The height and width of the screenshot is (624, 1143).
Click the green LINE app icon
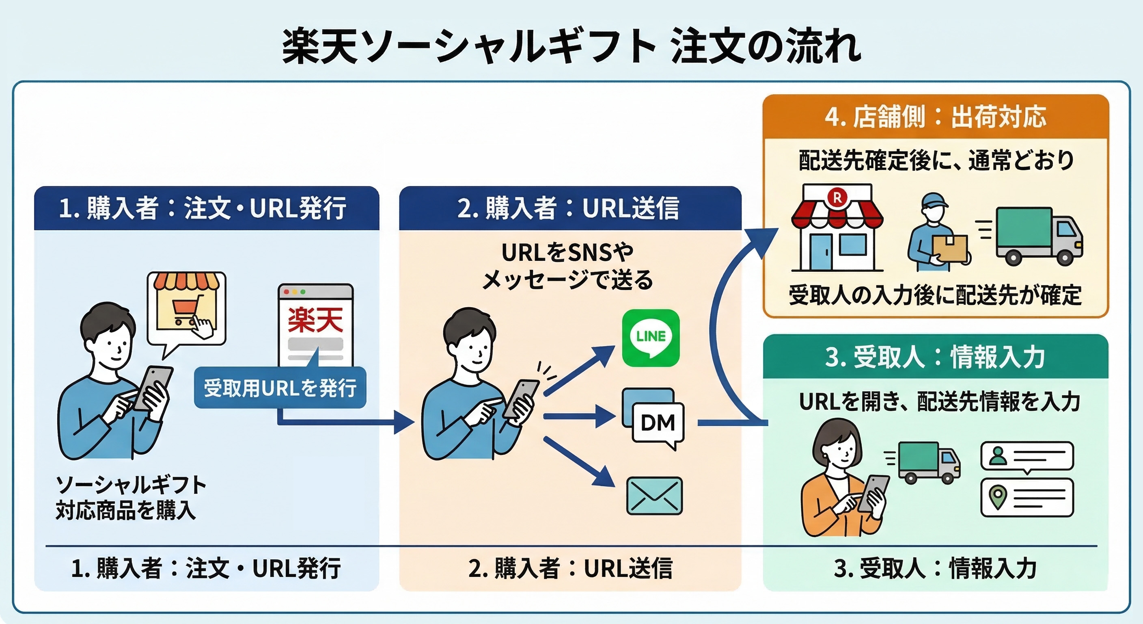pyautogui.click(x=651, y=338)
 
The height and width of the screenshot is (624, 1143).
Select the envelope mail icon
pyautogui.click(x=654, y=496)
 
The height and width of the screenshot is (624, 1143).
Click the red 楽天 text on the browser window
pyautogui.click(x=315, y=320)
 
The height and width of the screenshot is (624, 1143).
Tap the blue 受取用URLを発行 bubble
pyautogui.click(x=280, y=388)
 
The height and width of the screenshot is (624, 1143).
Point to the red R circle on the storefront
pyautogui.click(x=837, y=197)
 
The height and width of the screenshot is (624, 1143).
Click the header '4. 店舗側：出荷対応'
pyautogui.click(x=935, y=117)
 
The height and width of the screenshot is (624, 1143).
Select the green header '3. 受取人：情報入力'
pyautogui.click(x=935, y=357)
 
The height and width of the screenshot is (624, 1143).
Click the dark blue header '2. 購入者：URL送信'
pyautogui.click(x=570, y=208)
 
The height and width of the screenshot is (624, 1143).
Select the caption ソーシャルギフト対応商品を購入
pyautogui.click(x=131, y=497)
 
